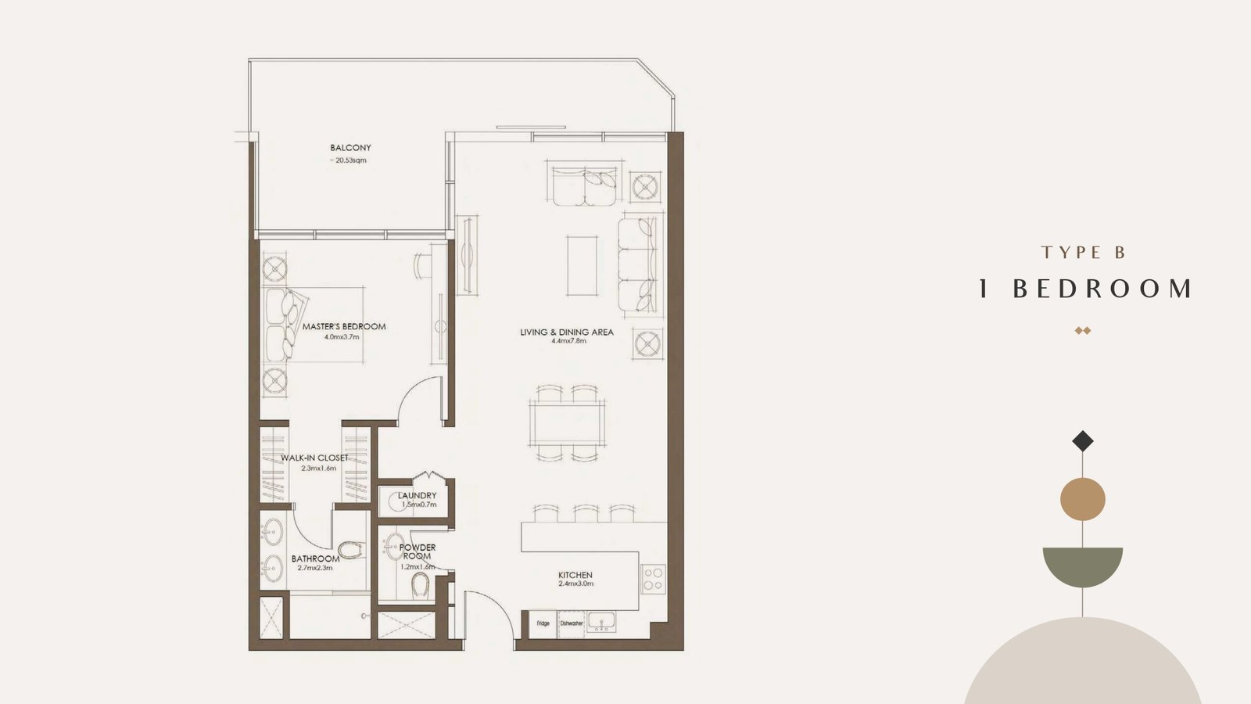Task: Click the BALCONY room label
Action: (x=350, y=148)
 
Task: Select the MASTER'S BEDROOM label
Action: (x=344, y=326)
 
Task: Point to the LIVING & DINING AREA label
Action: (x=567, y=332)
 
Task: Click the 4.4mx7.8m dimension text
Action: (x=568, y=341)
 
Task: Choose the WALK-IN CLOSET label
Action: (x=314, y=458)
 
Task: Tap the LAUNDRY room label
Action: (x=418, y=496)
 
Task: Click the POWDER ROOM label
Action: (x=418, y=551)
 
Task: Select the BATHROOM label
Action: (x=316, y=559)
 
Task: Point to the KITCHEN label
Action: (x=575, y=575)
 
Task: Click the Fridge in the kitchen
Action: (x=543, y=623)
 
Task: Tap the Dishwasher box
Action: (x=572, y=623)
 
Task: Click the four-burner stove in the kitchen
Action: (x=654, y=580)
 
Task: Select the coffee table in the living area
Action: (x=582, y=265)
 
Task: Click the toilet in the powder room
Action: (x=419, y=586)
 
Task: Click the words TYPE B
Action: (x=1083, y=253)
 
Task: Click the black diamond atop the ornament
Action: (x=1082, y=441)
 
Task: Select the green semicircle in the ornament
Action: (x=1082, y=564)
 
